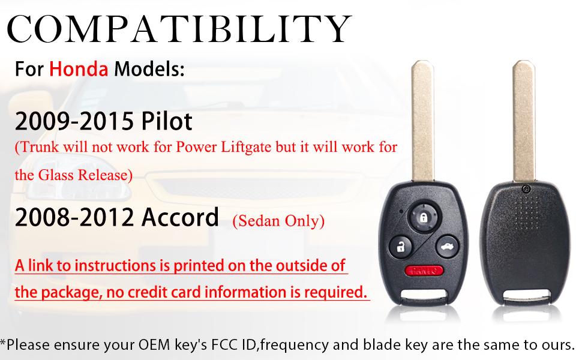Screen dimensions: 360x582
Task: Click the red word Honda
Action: point(79,69)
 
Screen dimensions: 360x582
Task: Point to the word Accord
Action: point(179,218)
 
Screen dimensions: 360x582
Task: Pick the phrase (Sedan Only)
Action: point(278,221)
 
